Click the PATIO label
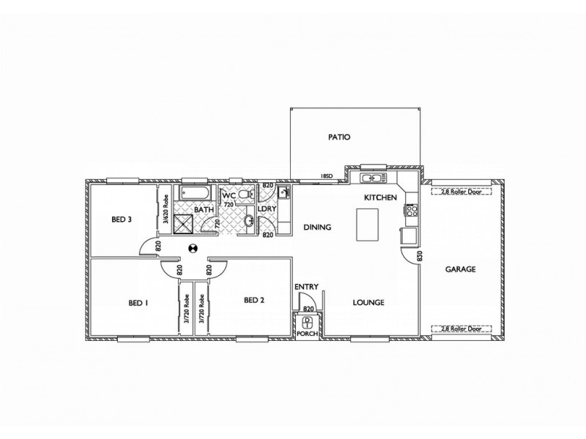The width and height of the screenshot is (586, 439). pyautogui.click(x=338, y=137)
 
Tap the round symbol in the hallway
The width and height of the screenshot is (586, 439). pyautogui.click(x=193, y=249)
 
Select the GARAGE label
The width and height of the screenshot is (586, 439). pyautogui.click(x=461, y=269)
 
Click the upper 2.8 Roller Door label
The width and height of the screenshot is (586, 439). pyautogui.click(x=461, y=193)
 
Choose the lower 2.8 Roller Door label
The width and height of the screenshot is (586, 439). pyautogui.click(x=461, y=328)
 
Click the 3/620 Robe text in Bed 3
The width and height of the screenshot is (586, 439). pyautogui.click(x=166, y=217)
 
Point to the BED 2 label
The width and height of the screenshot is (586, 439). pyautogui.click(x=253, y=299)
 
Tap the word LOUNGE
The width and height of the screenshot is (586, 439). pyautogui.click(x=369, y=302)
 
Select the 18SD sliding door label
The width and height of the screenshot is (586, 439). pyautogui.click(x=327, y=176)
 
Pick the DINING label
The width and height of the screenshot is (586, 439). pyautogui.click(x=317, y=228)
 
